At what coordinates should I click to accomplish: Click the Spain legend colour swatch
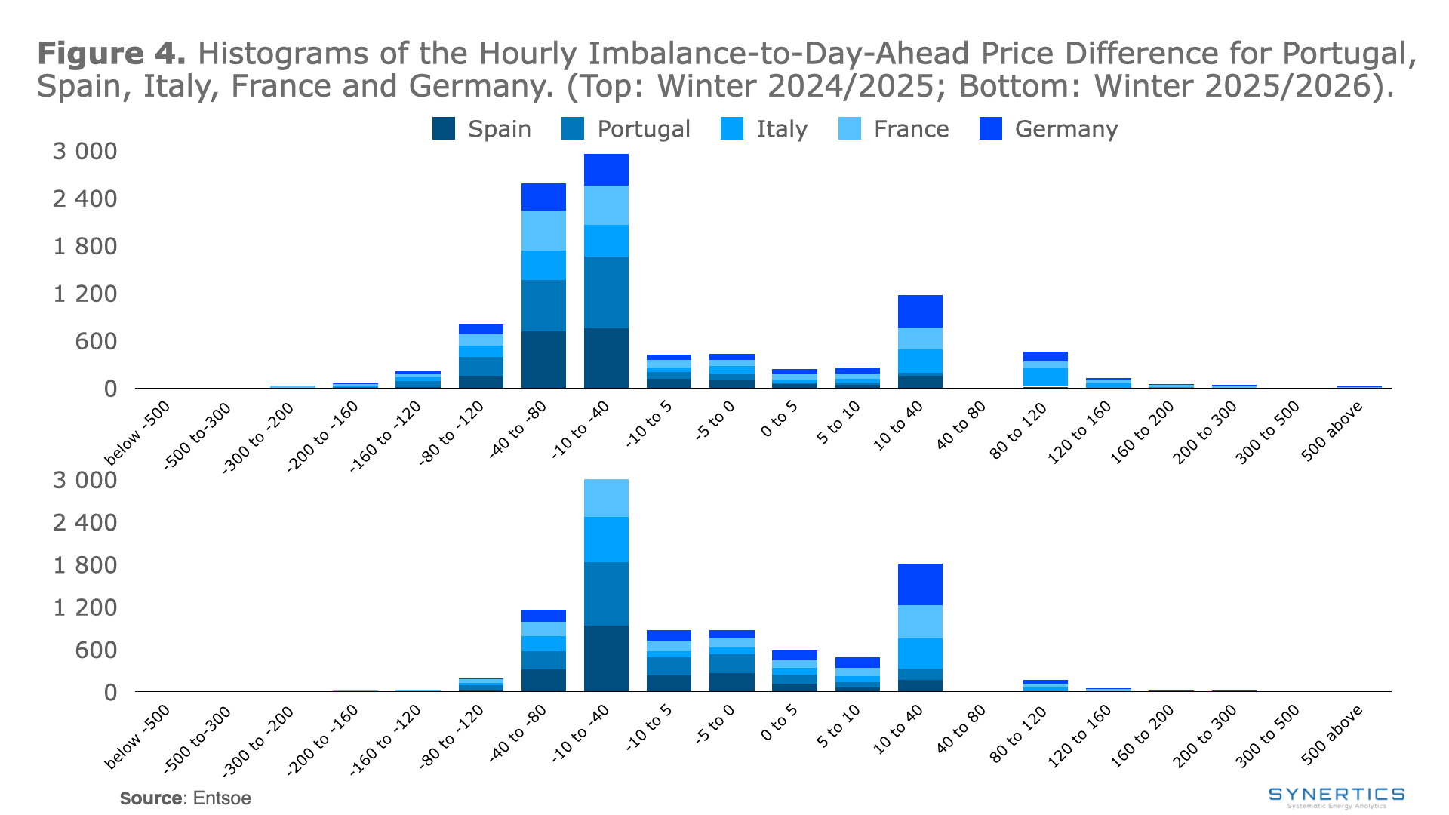444,129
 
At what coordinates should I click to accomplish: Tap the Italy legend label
782,129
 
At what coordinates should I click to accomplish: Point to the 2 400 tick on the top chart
85,199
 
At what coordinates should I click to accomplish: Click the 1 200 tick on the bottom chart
85,607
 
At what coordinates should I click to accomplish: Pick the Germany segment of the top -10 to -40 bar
606,170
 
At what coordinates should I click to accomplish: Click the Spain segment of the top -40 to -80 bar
543,359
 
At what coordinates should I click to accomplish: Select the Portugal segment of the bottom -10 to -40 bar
606,594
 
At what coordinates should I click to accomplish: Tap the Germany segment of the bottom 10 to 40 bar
920,584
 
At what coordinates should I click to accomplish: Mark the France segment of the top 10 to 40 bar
920,338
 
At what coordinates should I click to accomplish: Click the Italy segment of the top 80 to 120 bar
1045,377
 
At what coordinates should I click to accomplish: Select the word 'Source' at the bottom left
150,798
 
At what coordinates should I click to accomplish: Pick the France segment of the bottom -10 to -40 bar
606,498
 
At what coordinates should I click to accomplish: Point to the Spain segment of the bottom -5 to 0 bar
731,682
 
